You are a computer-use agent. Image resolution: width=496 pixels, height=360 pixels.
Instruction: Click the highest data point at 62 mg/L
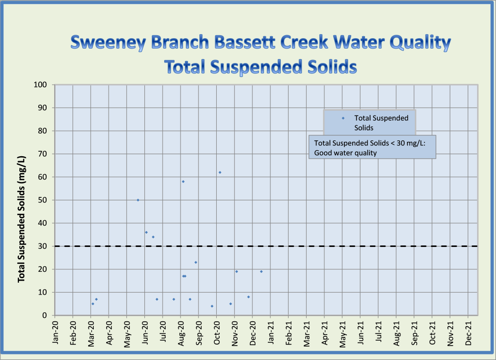click(220, 173)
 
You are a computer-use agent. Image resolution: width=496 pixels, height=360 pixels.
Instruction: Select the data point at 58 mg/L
click(183, 181)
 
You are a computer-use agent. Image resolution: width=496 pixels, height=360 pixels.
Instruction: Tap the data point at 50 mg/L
click(138, 200)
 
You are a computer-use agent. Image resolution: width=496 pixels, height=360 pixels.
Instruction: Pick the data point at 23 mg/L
click(196, 262)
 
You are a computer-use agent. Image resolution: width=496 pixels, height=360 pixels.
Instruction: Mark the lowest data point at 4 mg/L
click(212, 306)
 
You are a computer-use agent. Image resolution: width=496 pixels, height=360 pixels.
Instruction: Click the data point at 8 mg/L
click(248, 297)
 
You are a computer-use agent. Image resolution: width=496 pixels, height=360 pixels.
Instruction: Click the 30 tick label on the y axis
click(43, 246)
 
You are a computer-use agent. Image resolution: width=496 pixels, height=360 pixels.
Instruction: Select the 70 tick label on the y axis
click(43, 154)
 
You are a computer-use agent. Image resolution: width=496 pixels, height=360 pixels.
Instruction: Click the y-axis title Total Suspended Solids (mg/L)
click(22, 219)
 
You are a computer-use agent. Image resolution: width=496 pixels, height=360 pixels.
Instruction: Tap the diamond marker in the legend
click(343, 118)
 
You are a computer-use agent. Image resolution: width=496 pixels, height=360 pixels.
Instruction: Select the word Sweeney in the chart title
click(108, 43)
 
